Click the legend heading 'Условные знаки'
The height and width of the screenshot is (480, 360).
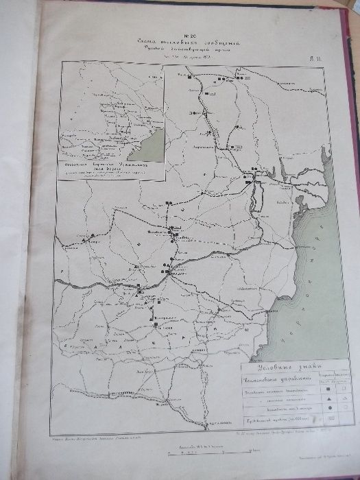point(286,368)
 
